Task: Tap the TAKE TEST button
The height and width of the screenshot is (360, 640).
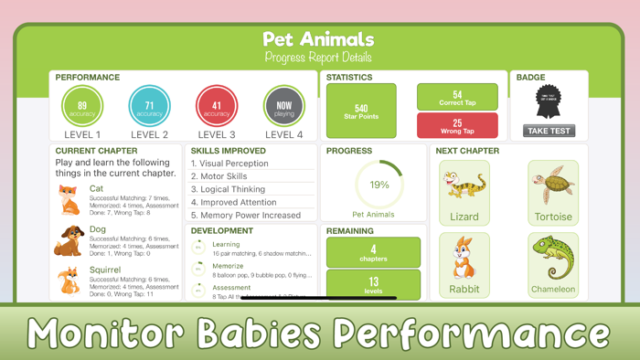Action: click(549, 131)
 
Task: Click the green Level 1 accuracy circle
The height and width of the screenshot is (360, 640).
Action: click(82, 108)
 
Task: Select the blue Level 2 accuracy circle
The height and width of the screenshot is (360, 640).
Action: click(149, 108)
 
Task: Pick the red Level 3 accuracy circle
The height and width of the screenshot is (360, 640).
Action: click(217, 108)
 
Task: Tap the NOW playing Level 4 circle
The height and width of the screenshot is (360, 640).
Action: click(284, 108)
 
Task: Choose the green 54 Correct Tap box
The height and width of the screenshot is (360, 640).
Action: click(457, 97)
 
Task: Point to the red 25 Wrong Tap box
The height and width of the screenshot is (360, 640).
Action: click(457, 125)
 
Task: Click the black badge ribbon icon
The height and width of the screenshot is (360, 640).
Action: click(549, 102)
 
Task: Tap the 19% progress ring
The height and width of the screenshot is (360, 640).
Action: click(379, 185)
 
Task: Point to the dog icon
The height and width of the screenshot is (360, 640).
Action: click(69, 241)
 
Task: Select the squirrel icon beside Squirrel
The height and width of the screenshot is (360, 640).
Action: click(69, 281)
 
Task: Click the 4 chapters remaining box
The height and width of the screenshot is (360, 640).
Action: click(373, 253)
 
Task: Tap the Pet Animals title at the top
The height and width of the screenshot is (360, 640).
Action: click(318, 39)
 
